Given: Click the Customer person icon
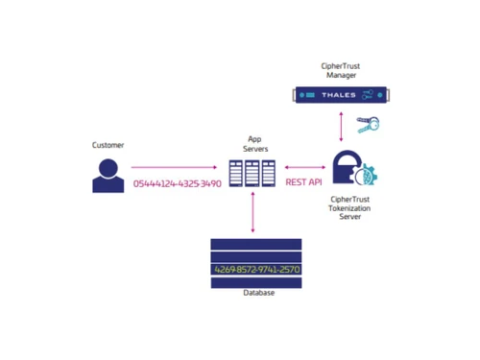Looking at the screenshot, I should [x=108, y=176].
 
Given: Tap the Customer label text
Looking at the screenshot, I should [x=108, y=145].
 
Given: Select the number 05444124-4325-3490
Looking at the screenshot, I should [x=178, y=182].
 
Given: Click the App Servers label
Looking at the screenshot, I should [x=255, y=143].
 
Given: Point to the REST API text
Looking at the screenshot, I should [x=304, y=181].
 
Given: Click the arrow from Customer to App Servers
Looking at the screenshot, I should [x=174, y=167].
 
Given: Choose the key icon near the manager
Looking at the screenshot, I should [x=368, y=124].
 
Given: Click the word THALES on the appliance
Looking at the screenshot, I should [x=339, y=95].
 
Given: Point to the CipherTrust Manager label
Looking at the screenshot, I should [x=342, y=69].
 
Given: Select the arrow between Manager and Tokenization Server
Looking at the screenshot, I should [x=342, y=125].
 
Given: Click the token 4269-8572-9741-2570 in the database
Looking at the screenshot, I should [x=256, y=270].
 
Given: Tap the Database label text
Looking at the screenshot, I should [x=257, y=293].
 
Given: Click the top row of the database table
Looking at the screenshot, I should [x=256, y=244].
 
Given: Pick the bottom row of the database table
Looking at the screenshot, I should [x=256, y=282].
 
